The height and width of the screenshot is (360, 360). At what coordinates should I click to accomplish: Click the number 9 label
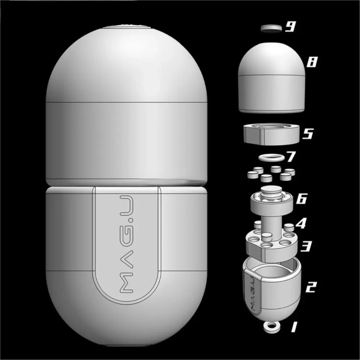(x=291, y=27)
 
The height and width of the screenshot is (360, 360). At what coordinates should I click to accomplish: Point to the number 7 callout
(x=291, y=157)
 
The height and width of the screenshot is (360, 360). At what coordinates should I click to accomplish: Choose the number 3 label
(x=306, y=246)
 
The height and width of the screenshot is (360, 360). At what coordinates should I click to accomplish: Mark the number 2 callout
(x=311, y=287)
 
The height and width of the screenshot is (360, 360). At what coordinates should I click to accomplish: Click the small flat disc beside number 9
(x=271, y=28)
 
